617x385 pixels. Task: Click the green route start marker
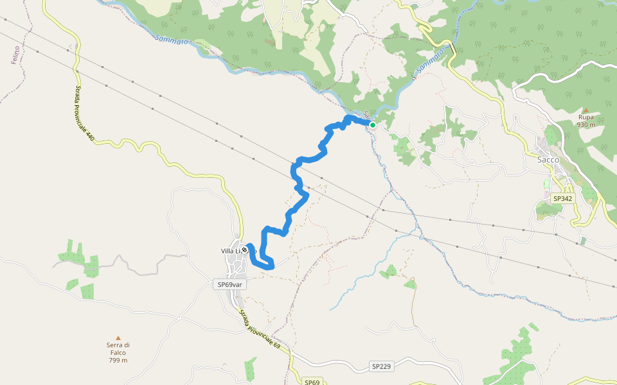(372, 125)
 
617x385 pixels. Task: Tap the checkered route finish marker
(245, 250)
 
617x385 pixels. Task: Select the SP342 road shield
(562, 199)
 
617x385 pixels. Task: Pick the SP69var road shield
(229, 284)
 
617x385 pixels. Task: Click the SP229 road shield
(381, 366)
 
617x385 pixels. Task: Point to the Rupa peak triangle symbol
(586, 110)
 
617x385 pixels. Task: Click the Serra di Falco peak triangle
(118, 338)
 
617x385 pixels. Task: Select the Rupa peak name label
(586, 118)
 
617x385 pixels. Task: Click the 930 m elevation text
(586, 125)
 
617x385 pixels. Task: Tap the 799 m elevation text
(118, 360)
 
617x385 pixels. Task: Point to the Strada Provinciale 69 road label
(260, 330)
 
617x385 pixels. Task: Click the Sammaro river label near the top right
(430, 61)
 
